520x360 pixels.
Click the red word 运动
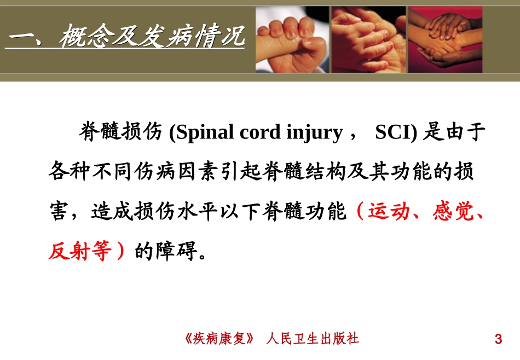pos(389,211)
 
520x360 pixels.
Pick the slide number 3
pos(498,339)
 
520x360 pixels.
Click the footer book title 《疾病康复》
pos(220,339)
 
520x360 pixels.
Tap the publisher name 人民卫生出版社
pos(313,339)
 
